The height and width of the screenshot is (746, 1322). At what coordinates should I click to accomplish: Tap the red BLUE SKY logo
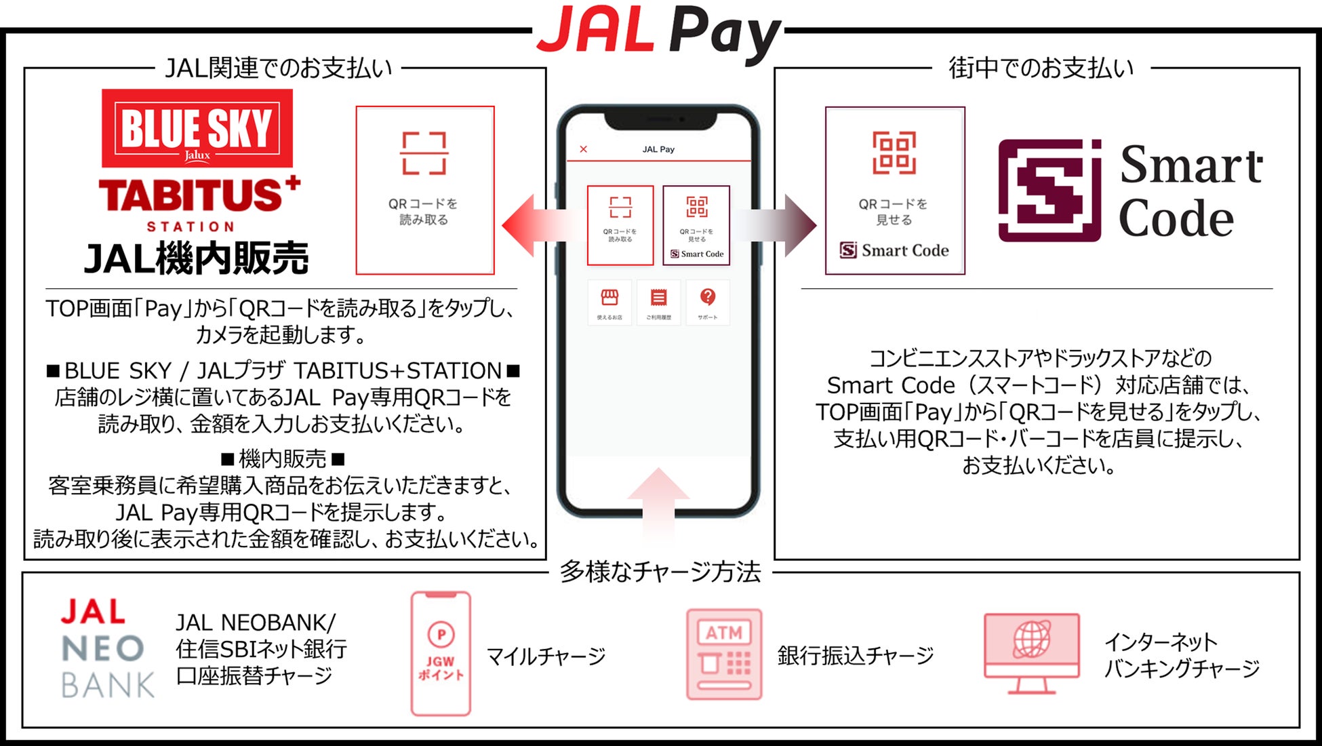(197, 128)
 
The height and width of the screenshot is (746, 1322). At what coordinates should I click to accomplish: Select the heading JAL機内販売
(196, 258)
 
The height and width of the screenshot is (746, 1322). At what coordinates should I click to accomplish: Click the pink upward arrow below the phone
(658, 502)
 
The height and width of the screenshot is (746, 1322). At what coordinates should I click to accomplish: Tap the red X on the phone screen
(584, 149)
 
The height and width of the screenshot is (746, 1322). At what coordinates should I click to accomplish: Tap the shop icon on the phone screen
(609, 298)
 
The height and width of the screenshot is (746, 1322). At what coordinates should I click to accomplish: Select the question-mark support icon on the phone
(708, 298)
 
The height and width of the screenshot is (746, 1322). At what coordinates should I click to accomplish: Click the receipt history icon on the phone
(658, 298)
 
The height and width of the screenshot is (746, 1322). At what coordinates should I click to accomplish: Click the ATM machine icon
(724, 654)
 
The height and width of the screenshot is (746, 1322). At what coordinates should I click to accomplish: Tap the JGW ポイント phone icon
(441, 654)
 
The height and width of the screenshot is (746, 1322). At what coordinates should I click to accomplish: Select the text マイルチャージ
(546, 656)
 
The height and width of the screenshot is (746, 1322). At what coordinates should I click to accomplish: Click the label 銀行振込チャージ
(856, 656)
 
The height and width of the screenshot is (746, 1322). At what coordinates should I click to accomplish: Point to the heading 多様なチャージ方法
(660, 572)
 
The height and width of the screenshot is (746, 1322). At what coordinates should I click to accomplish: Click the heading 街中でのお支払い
(1041, 68)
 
